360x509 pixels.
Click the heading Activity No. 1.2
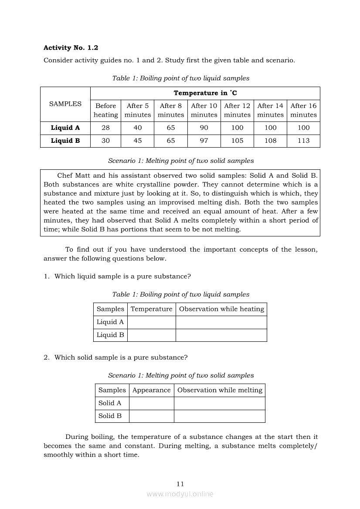71,47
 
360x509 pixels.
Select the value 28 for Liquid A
105,128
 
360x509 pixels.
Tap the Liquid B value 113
303,141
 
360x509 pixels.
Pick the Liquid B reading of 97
204,141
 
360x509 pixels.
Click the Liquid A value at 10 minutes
204,128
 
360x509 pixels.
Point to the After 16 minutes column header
303,110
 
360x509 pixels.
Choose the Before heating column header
105,110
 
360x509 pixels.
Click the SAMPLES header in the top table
65,104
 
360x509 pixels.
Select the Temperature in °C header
205,93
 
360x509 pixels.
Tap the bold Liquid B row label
65,141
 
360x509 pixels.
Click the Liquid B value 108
270,141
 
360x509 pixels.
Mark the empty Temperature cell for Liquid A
151,322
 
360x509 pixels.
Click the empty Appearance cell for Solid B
151,416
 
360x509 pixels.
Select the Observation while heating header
221,309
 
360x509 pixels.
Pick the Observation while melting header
220,390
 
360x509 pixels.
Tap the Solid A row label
110,403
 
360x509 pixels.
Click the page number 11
180,484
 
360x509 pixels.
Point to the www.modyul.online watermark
180,494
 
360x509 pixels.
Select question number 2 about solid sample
116,357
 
